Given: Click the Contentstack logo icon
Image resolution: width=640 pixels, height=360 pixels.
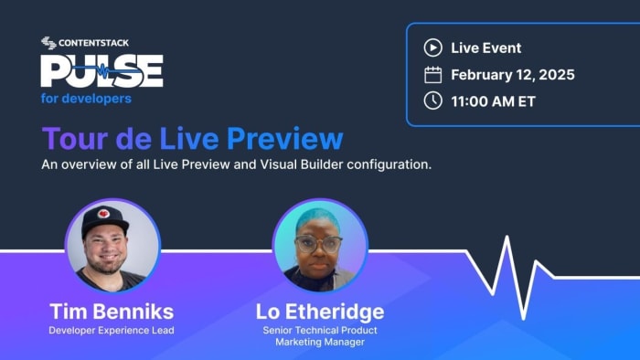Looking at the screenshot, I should pyautogui.click(x=48, y=42).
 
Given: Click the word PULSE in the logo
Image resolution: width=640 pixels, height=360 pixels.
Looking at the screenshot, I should pyautogui.click(x=101, y=71).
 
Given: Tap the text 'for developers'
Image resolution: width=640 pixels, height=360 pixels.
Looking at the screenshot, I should pyautogui.click(x=86, y=99).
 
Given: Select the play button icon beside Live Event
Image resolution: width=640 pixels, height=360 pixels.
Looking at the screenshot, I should pyautogui.click(x=432, y=48).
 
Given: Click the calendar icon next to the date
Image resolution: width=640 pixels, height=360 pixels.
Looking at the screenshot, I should pyautogui.click(x=432, y=75).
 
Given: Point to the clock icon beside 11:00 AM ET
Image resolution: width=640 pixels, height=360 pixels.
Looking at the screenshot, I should pyautogui.click(x=432, y=101).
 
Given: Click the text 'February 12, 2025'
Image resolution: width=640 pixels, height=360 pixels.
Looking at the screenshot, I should pyautogui.click(x=512, y=75).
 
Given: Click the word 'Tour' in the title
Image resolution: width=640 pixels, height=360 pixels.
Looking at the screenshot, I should pyautogui.click(x=72, y=139).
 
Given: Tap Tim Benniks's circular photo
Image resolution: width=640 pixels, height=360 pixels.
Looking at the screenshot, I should pyautogui.click(x=112, y=244).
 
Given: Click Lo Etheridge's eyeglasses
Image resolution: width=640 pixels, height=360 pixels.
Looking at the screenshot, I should pyautogui.click(x=319, y=244).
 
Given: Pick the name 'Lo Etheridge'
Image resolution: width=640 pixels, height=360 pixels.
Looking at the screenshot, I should pyautogui.click(x=320, y=311).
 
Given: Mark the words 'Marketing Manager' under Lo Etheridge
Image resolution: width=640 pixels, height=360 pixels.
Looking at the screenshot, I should pyautogui.click(x=320, y=342).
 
